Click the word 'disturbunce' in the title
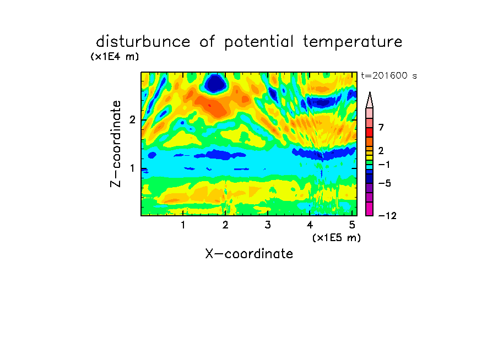[x=143, y=42]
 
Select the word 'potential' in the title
[x=259, y=42]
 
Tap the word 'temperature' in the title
[x=353, y=42]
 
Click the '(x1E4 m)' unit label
[x=115, y=57]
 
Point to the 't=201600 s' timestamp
[x=389, y=75]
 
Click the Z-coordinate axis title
[x=116, y=144]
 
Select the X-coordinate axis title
[x=249, y=254]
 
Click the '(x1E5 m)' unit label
[x=337, y=238]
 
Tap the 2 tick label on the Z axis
[x=132, y=120]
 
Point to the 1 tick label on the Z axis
[x=132, y=168]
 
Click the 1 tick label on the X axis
[x=183, y=225]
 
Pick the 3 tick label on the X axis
[x=268, y=225]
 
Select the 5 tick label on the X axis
[x=352, y=225]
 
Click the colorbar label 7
[x=381, y=127]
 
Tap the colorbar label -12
[x=387, y=216]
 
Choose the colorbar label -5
[x=385, y=183]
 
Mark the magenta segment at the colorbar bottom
[x=370, y=209]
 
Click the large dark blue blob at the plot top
[x=215, y=84]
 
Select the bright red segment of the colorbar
[x=370, y=132]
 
